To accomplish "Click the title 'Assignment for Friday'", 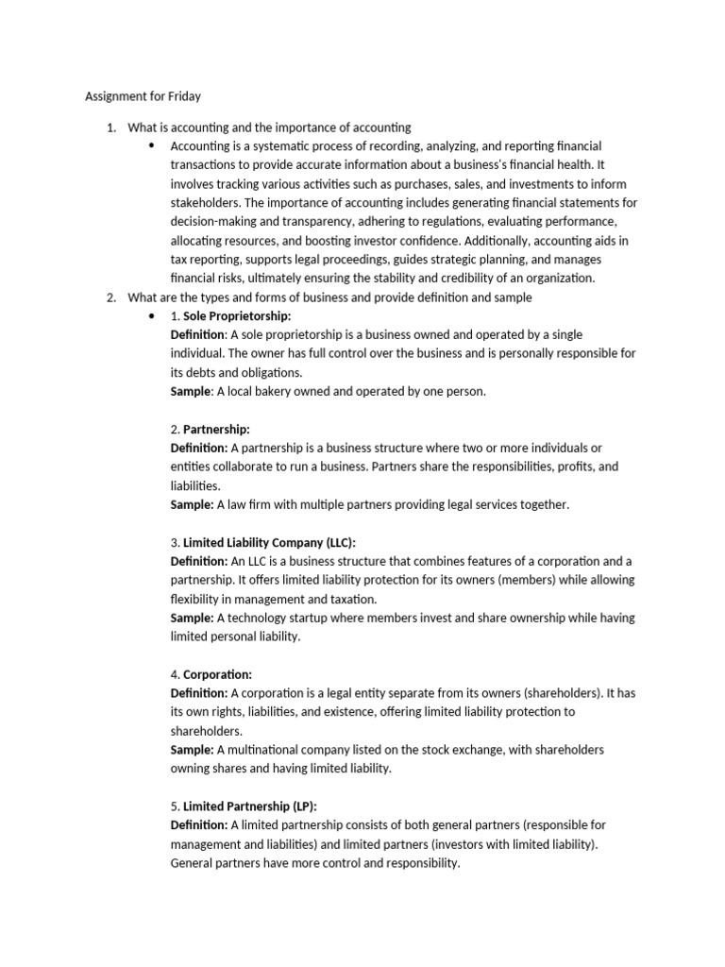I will coord(143,96).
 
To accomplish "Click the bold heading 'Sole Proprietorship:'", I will coord(237,315).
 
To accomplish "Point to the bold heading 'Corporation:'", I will coord(217,674).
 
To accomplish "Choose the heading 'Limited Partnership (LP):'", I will coord(250,806).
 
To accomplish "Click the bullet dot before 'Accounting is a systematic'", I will coord(152,145).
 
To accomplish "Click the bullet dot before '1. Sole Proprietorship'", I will coord(152,315).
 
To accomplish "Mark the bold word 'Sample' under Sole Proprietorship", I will coord(191,391).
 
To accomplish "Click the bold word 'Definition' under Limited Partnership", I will coord(198,825).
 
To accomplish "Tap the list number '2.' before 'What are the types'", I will coord(110,297).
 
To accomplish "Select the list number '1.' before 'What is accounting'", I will coord(110,127).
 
